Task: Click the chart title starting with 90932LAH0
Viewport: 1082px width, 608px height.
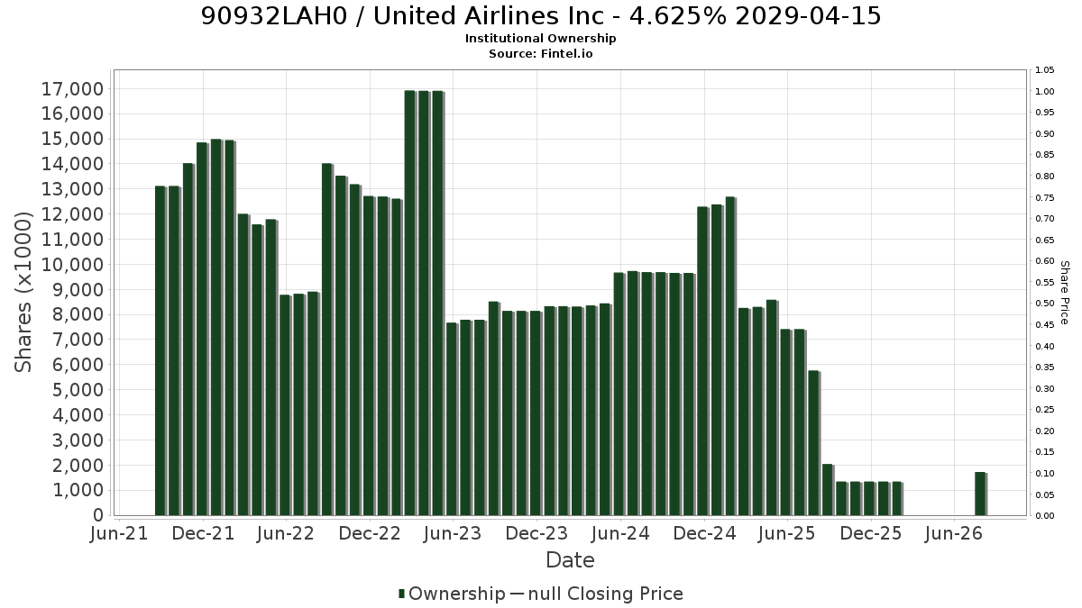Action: [x=541, y=16]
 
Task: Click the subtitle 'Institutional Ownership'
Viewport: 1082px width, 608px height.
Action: [x=540, y=39]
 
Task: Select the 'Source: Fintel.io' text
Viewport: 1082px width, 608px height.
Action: [x=540, y=53]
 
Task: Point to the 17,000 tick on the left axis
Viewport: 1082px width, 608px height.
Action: [x=72, y=89]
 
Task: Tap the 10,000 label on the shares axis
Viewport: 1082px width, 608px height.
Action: [x=72, y=265]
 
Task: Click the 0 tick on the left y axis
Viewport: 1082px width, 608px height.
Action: [x=98, y=515]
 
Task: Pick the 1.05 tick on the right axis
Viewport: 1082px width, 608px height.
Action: [x=1044, y=70]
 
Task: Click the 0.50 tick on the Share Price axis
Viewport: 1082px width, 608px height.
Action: [x=1044, y=304]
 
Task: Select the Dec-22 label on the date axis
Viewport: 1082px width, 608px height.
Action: [x=370, y=533]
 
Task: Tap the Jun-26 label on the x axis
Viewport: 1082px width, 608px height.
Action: [x=954, y=533]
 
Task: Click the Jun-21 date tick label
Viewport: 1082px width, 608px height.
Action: [x=119, y=533]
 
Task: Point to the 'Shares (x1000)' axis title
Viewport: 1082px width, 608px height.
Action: [x=23, y=293]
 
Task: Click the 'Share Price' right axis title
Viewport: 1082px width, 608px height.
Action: [x=1064, y=293]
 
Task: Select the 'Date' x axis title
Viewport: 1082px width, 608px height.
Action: [x=570, y=560]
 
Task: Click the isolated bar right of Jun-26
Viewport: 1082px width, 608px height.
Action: [x=981, y=495]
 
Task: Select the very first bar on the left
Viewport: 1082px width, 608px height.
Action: [x=160, y=350]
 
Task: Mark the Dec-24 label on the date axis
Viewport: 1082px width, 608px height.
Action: [x=704, y=533]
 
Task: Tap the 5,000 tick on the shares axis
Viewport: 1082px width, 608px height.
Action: [x=72, y=390]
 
